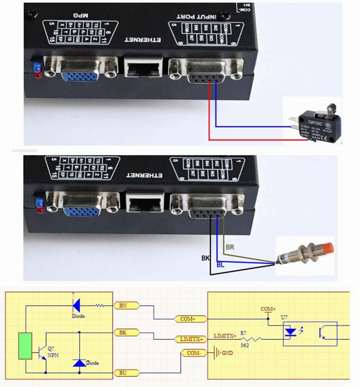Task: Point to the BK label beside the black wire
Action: [206, 258]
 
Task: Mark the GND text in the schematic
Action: [227, 353]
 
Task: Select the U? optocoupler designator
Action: [285, 318]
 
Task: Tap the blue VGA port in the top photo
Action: [80, 71]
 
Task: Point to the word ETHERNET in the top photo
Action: [143, 40]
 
